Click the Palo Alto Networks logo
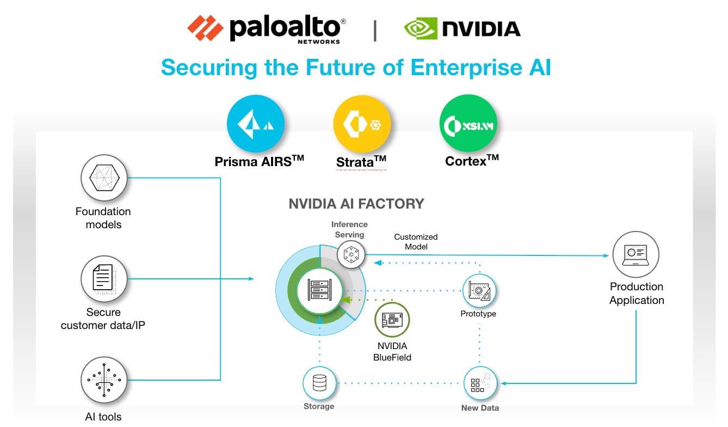pos(266,28)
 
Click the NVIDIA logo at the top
pos(462,28)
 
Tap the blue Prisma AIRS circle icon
pos(255,124)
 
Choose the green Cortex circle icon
pos(468,125)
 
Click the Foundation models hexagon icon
pos(103,178)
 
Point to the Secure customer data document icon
pos(103,279)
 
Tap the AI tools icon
pos(103,380)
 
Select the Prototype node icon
pos(479,291)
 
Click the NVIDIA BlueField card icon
pos(392,320)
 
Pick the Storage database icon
pos(319,383)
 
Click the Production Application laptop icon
pos(636,254)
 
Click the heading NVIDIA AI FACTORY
pos(356,204)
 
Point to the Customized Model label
pos(416,242)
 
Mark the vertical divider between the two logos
pos(375,30)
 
